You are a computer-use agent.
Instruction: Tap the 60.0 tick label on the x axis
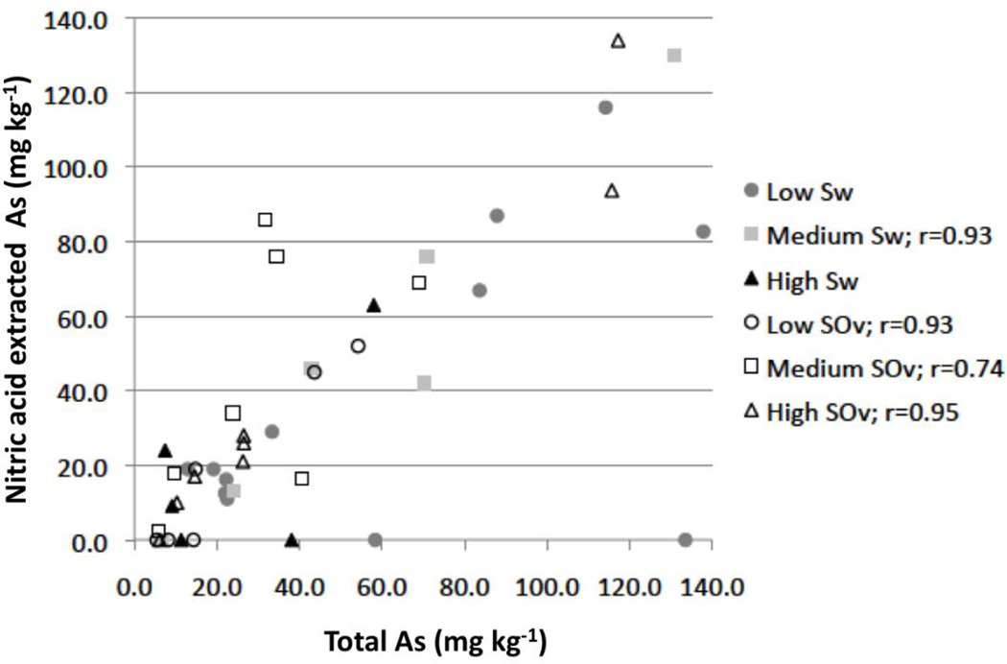coord(383,583)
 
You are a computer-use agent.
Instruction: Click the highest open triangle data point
coord(619,40)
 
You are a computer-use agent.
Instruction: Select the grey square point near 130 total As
coord(674,55)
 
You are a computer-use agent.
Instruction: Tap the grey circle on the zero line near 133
coord(685,540)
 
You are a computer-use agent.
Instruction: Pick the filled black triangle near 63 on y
coord(374,305)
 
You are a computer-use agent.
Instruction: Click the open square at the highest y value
coord(266,220)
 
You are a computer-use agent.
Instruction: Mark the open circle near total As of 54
coord(359,345)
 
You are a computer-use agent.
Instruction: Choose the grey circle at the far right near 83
coord(703,231)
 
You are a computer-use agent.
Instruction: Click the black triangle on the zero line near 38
coord(293,539)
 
